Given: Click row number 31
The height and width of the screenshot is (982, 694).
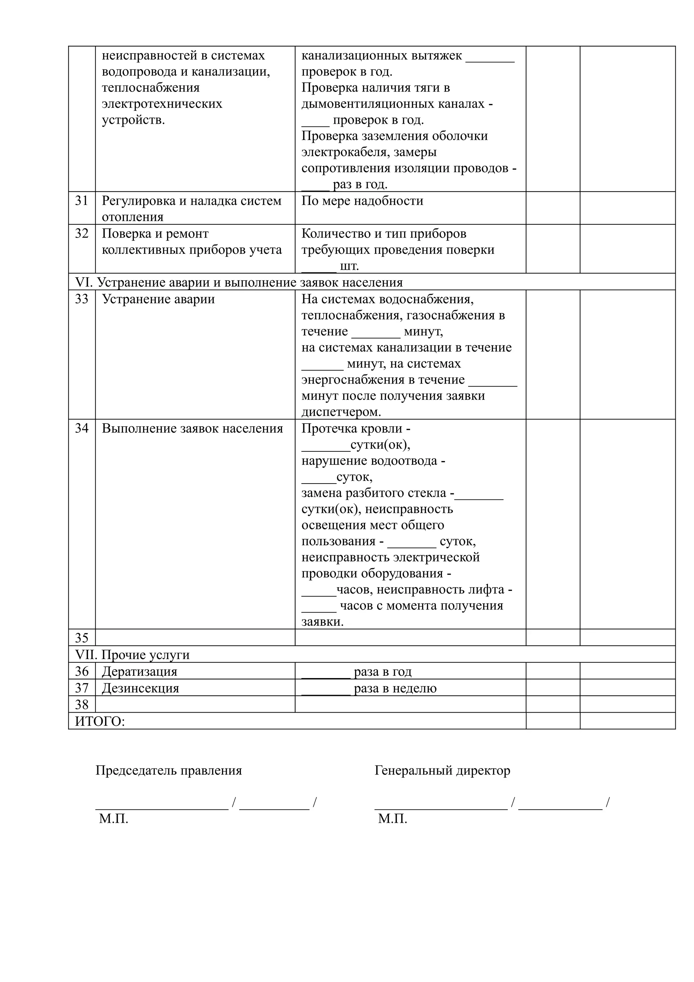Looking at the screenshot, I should (81, 201).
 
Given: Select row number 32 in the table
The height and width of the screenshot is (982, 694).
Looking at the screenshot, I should (81, 233).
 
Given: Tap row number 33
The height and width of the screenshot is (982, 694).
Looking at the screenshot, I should (81, 299).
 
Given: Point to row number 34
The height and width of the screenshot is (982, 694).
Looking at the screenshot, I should (81, 429).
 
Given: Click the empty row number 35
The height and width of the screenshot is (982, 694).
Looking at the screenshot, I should (81, 638).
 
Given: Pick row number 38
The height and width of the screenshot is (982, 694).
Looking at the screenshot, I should (81, 704).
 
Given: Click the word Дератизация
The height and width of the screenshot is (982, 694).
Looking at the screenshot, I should (139, 672).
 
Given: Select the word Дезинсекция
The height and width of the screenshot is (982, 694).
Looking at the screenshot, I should (140, 688).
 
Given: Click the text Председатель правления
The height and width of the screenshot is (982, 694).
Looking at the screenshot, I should (168, 770).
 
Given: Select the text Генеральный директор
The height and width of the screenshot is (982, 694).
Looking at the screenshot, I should (442, 770).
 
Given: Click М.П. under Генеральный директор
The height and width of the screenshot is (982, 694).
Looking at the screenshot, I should (392, 819).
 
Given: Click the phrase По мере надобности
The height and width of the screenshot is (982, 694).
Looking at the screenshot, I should (362, 201).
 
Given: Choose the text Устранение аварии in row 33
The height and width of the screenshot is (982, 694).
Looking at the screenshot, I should (158, 299).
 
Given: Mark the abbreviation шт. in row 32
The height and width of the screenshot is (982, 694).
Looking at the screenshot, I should (349, 266).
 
